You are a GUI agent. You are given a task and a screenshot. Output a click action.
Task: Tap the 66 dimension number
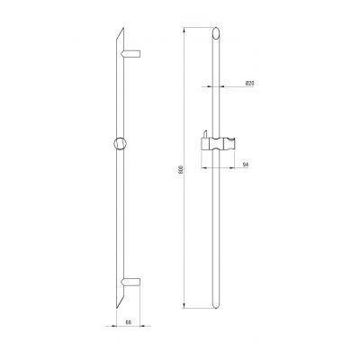(129, 321)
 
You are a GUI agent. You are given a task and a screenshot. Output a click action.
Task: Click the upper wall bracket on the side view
(135, 55)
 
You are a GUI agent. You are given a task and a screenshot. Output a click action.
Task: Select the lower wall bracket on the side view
(135, 286)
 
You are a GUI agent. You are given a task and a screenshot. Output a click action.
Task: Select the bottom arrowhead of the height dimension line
(185, 309)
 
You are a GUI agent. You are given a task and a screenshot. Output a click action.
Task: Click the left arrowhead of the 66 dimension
(115, 327)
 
